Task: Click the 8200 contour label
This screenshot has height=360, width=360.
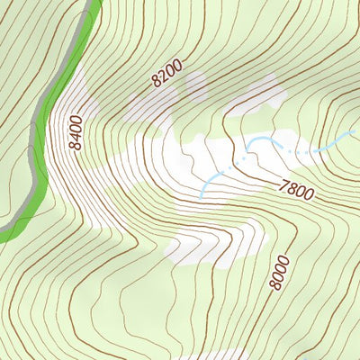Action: (x=167, y=72)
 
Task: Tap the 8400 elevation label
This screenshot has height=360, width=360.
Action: (x=75, y=132)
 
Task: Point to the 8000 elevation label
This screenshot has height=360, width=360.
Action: (x=280, y=274)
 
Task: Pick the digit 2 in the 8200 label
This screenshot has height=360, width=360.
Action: (x=163, y=76)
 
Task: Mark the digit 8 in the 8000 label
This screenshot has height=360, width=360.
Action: (x=276, y=286)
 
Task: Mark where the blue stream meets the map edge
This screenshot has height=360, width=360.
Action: (x=357, y=130)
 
